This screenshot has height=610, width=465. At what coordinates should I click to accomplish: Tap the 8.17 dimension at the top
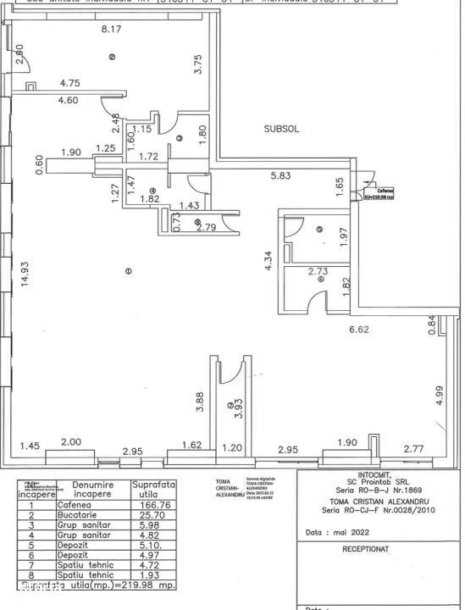[x=113, y=30]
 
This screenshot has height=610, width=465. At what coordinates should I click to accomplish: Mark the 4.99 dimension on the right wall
[x=439, y=396]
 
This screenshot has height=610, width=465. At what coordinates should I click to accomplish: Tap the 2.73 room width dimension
[x=318, y=271]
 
